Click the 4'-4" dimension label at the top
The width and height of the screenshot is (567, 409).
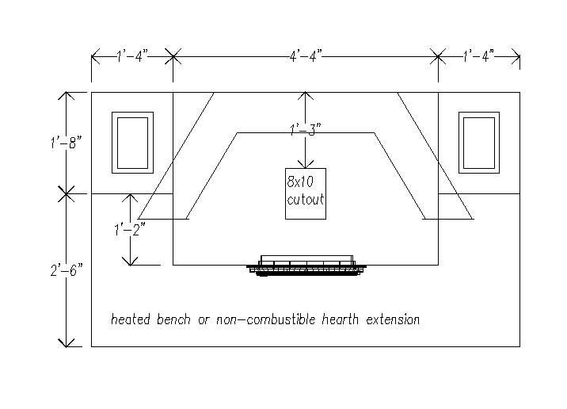[x=306, y=56]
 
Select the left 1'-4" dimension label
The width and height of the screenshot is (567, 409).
[x=132, y=56]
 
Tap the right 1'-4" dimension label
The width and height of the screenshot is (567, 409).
[x=479, y=56]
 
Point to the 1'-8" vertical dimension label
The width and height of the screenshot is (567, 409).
[x=67, y=142]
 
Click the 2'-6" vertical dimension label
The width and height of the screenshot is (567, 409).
[x=67, y=270]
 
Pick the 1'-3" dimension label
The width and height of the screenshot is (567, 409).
[x=306, y=129]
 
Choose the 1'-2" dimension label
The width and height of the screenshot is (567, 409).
[x=130, y=230]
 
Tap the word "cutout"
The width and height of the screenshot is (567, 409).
[x=306, y=200]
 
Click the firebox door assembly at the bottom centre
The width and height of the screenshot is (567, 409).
[x=306, y=266]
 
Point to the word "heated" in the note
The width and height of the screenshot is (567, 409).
[x=130, y=319]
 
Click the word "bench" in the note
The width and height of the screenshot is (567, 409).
[x=173, y=319]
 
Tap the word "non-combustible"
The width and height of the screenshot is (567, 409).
[x=266, y=319]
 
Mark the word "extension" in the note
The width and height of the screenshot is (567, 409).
[x=393, y=319]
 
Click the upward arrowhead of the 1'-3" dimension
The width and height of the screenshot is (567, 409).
[x=306, y=95]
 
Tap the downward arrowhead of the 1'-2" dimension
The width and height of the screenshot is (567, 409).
[x=130, y=262]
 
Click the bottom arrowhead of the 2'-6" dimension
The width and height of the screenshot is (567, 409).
[x=67, y=343]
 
